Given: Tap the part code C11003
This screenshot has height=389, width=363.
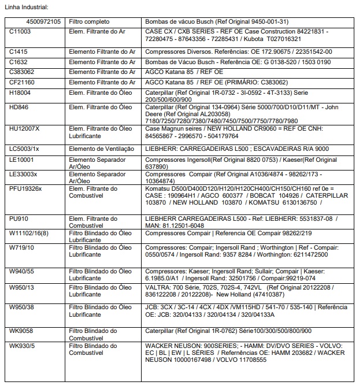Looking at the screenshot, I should coord(20,32).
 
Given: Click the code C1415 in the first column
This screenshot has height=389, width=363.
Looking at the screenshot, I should coord(18,51).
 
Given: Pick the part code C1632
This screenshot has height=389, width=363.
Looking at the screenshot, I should coord(18,61).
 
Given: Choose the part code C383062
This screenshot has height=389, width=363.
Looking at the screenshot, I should coord(23,72).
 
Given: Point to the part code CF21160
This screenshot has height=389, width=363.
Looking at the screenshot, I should coord(22,82).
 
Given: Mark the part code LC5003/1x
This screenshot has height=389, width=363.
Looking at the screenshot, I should coord(24,149).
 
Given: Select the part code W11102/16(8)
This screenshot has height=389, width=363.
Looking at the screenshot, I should coord(29,232).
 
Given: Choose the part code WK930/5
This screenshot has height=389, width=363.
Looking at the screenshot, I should coord(23,346).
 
